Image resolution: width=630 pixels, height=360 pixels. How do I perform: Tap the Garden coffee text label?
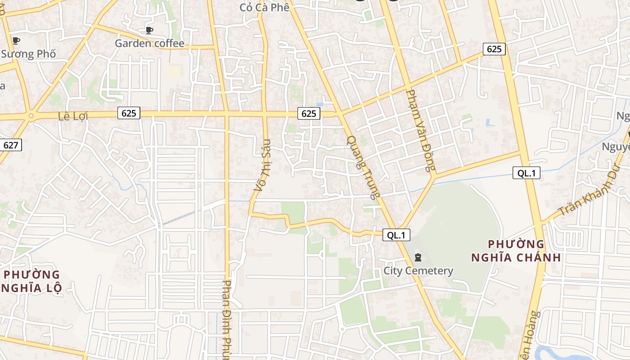point(149,43)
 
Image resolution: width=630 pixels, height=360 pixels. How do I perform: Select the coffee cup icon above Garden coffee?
point(149,30)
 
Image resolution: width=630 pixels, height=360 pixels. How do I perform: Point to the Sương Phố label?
point(28,54)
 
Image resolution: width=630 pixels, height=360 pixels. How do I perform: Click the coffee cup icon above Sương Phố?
point(16,40)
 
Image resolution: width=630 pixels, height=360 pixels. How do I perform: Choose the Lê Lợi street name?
point(73,116)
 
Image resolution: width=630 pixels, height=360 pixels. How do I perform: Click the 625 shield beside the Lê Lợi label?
point(129,113)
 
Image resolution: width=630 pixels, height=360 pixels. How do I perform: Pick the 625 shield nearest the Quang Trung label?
point(309,113)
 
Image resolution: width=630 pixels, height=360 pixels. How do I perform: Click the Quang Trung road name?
point(364,166)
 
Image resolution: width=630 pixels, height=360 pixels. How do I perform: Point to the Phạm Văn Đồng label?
point(420,130)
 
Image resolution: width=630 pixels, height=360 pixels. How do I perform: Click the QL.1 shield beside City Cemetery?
point(396,234)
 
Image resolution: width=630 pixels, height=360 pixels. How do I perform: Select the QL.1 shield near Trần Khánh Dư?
point(526,173)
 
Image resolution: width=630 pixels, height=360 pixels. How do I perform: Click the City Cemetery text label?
point(418,271)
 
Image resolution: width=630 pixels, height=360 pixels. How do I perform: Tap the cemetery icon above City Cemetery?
point(418,257)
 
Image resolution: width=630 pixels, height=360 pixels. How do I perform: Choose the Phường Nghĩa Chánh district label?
point(516,251)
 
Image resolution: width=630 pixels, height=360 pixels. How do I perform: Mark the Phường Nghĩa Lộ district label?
point(31,281)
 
